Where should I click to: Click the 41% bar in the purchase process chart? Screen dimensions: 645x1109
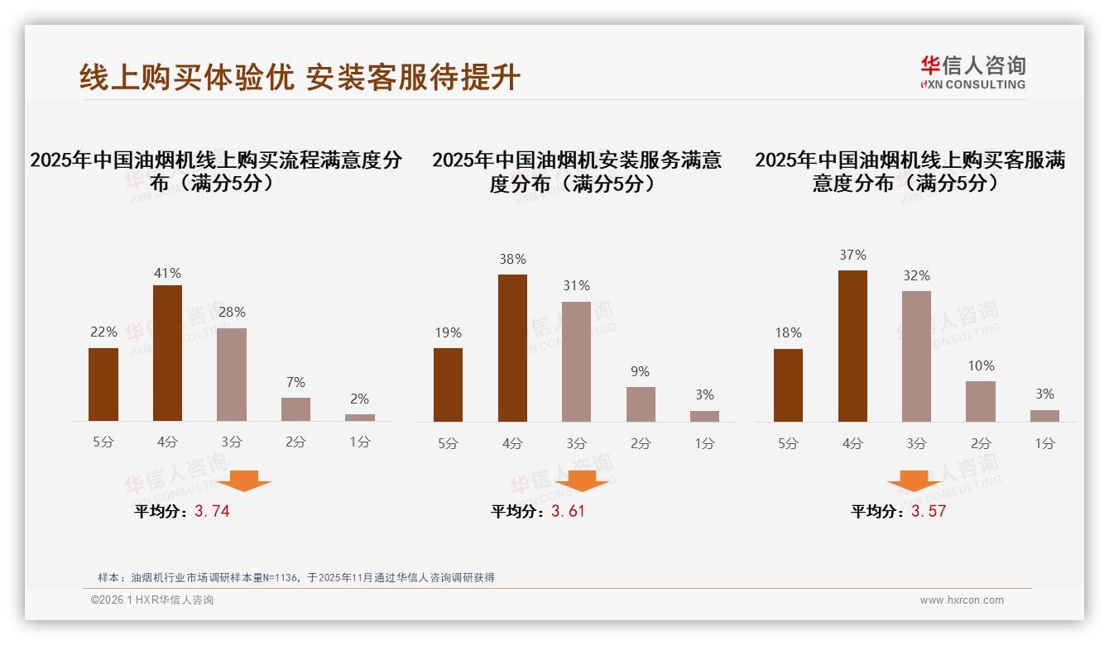pos(167,353)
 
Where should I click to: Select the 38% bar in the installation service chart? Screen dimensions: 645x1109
pos(512,347)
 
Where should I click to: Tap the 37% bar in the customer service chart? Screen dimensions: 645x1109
pos(852,346)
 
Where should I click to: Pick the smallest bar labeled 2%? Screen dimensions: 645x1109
pos(360,418)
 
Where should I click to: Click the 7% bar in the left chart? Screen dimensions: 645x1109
pos(295,409)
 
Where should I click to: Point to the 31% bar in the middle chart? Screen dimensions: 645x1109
pos(576,361)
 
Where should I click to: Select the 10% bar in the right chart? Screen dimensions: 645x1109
pos(981,401)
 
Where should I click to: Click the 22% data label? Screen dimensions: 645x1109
pos(103,332)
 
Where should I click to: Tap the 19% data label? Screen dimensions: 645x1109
pos(448,332)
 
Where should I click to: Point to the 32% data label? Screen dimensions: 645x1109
pos(916,275)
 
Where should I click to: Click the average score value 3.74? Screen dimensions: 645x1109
pos(212,511)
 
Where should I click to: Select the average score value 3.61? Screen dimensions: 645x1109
pos(568,511)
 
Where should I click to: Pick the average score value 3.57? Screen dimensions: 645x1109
pos(929,511)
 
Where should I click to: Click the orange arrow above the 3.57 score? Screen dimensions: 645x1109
pos(914,480)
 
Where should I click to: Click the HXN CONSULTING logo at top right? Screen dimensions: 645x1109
pos(972,73)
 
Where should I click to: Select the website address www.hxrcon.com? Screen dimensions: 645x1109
pos(962,600)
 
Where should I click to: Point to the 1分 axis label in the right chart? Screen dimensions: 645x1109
pos(1044,444)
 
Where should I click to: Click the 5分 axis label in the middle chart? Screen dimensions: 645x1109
pos(448,444)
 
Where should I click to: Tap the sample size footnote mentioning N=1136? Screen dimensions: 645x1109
pos(295,577)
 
